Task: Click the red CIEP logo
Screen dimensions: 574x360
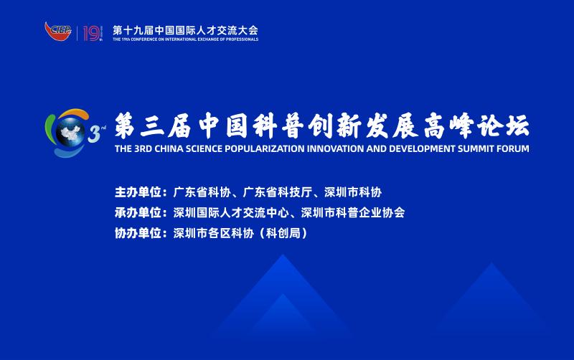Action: point(58,31)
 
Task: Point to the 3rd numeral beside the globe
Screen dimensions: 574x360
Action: point(96,133)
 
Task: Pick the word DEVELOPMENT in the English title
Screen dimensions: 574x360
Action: point(423,148)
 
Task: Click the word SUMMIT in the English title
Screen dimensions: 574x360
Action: point(476,148)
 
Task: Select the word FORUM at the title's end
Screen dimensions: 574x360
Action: point(513,148)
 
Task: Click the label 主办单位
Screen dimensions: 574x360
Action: point(138,192)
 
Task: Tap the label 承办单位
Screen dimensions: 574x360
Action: point(138,212)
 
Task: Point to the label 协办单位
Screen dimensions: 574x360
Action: point(138,233)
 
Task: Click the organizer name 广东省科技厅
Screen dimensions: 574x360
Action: point(278,192)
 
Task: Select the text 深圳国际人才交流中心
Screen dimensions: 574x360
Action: point(231,212)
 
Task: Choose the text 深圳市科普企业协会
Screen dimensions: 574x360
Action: point(353,212)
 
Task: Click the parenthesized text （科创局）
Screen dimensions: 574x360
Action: point(283,233)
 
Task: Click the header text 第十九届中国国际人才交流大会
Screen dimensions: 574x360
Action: point(185,30)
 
